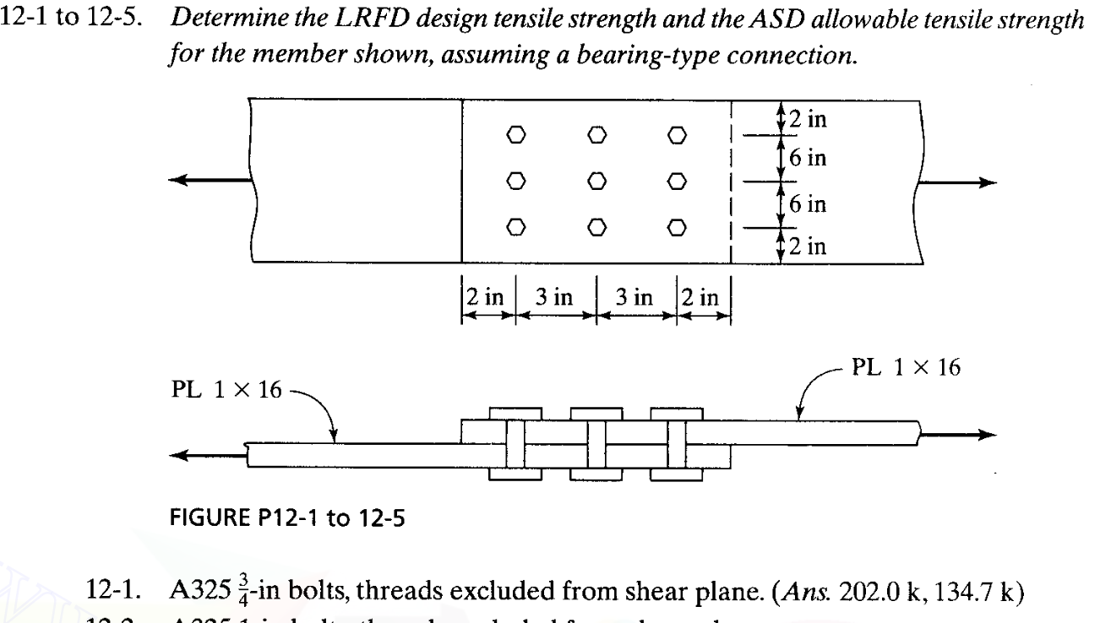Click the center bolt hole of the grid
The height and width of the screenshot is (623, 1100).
click(597, 180)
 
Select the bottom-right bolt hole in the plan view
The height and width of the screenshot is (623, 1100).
click(677, 226)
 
